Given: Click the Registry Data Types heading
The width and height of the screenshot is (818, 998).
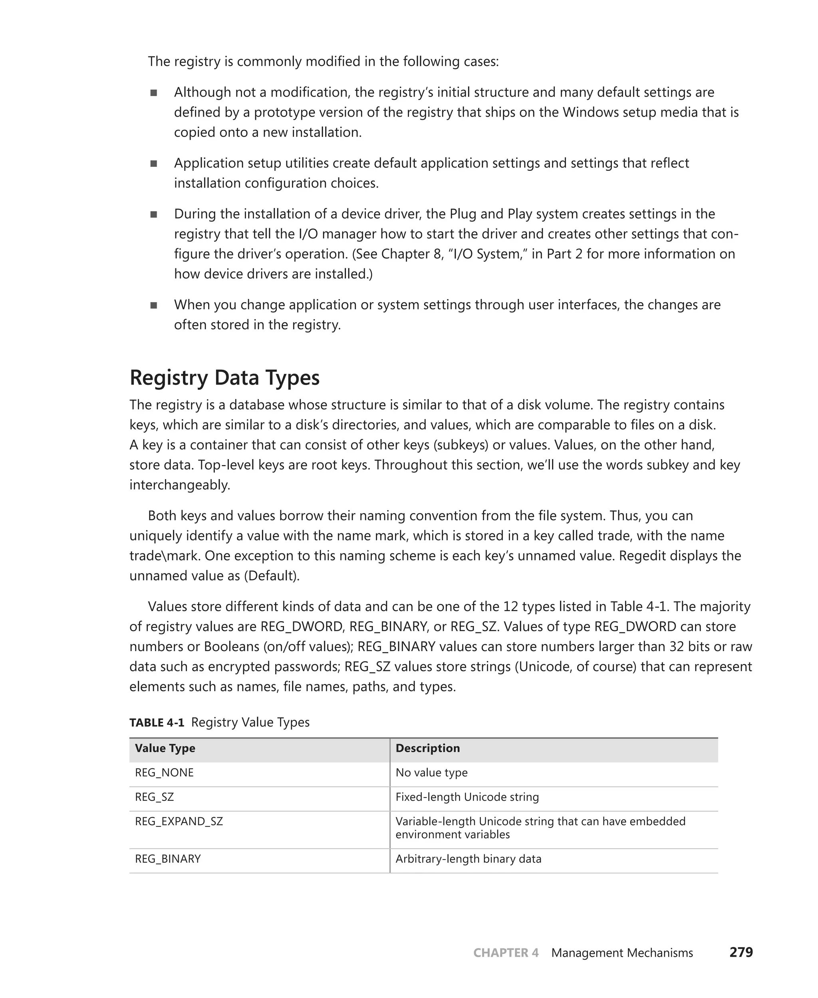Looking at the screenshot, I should (x=224, y=378).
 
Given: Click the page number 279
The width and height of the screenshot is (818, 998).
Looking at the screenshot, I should (x=741, y=952).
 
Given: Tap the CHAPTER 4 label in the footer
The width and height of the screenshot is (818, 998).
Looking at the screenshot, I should (x=506, y=953).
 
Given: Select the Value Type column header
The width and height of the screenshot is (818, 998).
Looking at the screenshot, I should (x=165, y=748).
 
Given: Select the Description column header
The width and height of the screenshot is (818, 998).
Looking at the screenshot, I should (x=427, y=748).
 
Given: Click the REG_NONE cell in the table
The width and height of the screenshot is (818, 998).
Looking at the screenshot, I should (x=164, y=772).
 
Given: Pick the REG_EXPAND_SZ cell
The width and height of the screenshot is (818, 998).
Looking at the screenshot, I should (x=179, y=822).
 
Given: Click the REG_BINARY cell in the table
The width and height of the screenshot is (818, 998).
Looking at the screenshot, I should (x=168, y=859).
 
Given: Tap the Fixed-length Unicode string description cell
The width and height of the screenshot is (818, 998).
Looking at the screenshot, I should (x=467, y=797).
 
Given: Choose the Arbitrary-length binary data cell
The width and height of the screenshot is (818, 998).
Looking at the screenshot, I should (x=469, y=859).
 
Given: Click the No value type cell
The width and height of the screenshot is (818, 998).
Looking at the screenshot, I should (x=431, y=772).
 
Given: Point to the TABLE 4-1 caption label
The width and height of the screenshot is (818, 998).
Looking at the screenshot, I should (x=157, y=723).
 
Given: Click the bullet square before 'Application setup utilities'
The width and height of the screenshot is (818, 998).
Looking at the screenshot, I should (x=154, y=163).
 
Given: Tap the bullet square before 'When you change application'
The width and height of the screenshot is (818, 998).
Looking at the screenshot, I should (x=154, y=305).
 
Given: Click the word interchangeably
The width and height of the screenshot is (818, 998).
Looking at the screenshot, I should (x=179, y=485).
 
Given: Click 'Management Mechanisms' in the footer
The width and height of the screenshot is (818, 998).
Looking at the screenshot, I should (x=622, y=953).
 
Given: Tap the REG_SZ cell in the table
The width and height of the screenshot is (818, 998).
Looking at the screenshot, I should (x=154, y=797).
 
